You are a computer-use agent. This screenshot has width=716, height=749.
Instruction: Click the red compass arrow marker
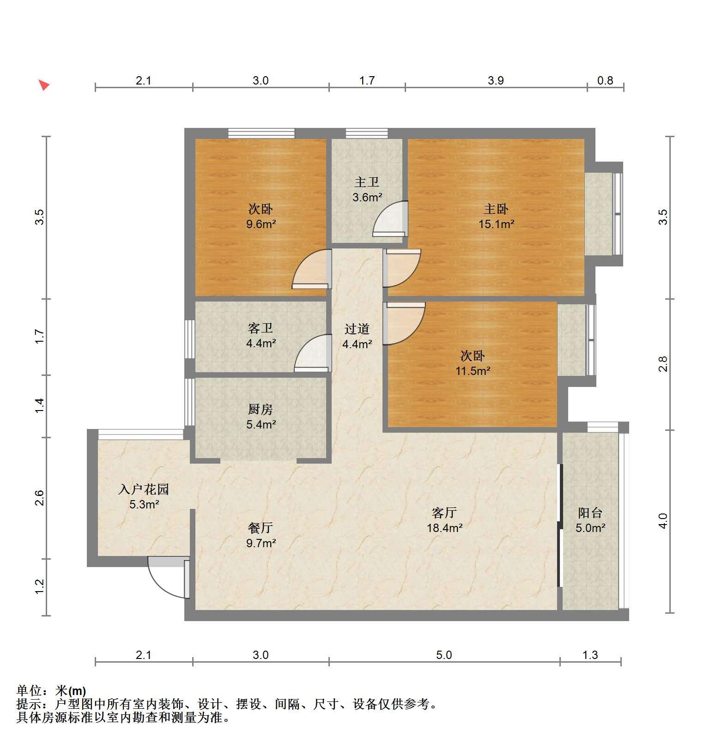[44, 85]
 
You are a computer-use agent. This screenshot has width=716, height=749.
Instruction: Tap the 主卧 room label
[496, 209]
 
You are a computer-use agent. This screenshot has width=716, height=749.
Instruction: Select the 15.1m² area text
[496, 224]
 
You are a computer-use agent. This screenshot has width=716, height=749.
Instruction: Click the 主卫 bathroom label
[367, 182]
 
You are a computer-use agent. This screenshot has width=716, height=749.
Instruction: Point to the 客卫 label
[261, 328]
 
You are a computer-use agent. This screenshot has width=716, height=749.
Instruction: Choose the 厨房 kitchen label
[261, 409]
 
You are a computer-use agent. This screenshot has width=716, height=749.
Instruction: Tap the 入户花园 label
[144, 489]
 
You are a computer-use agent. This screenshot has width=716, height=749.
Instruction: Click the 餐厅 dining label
[261, 528]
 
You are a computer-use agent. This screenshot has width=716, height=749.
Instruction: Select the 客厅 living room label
[444, 513]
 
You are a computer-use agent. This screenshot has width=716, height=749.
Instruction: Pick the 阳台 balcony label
[590, 513]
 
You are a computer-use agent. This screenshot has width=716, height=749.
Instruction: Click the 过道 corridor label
[357, 329]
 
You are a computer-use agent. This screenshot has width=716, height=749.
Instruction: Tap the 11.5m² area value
[473, 371]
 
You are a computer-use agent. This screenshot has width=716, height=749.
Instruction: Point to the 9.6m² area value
[261, 224]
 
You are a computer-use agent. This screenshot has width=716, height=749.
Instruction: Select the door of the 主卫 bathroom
[390, 219]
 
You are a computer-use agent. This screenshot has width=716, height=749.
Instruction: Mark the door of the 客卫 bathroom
[313, 353]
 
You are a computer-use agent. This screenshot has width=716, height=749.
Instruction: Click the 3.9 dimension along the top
[496, 81]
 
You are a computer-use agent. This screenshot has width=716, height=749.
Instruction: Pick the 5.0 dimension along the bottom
[444, 655]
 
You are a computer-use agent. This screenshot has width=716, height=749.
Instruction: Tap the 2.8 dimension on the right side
[663, 364]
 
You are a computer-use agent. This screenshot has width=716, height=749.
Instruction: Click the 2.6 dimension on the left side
[39, 498]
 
